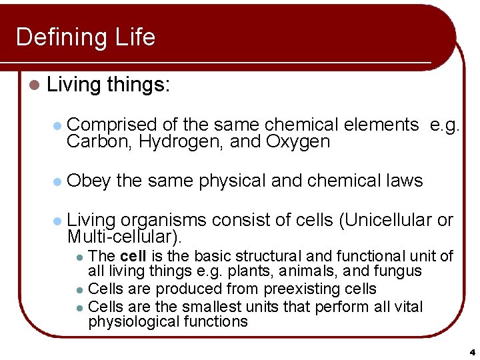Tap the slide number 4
[x=471, y=352]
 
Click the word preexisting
[x=303, y=289]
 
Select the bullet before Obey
[x=57, y=181]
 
